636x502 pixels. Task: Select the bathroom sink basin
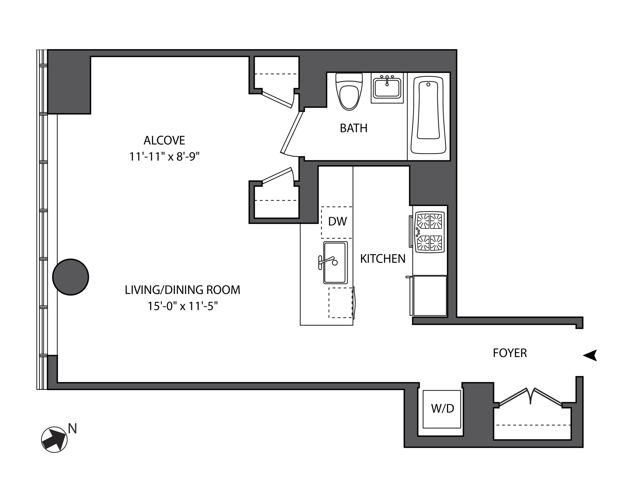click(x=387, y=88)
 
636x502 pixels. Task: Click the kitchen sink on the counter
click(x=335, y=262)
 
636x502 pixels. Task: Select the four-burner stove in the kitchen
click(x=429, y=232)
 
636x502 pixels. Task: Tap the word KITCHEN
click(x=383, y=259)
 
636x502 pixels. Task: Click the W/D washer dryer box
click(x=442, y=409)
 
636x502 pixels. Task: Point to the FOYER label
click(x=510, y=353)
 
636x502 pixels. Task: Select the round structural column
click(x=71, y=277)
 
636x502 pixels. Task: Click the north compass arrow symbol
click(x=54, y=439)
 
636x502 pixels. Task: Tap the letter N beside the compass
click(x=72, y=429)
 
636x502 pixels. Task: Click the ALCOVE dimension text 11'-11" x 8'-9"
click(x=164, y=157)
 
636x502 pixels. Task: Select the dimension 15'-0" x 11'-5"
click(x=182, y=306)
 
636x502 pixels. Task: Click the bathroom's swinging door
click(x=292, y=132)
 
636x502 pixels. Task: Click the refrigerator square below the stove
click(x=430, y=296)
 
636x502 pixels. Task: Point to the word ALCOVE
click(x=164, y=140)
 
